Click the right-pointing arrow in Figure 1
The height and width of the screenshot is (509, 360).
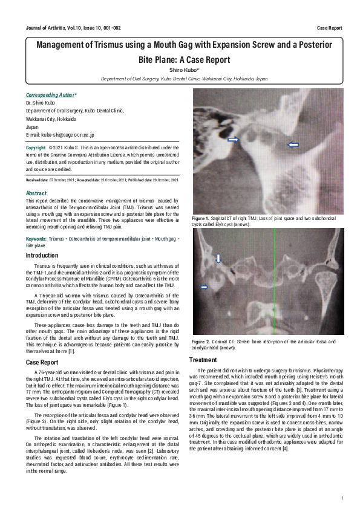tap(232, 140)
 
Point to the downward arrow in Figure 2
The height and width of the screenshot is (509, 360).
tap(218, 258)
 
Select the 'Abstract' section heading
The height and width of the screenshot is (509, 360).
tap(36, 193)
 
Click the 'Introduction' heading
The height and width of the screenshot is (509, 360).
tap(42, 256)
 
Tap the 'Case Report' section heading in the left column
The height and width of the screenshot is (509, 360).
tap(42, 362)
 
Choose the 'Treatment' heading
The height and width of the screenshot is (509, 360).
tap(203, 359)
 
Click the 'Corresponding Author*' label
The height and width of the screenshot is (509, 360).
tap(51, 96)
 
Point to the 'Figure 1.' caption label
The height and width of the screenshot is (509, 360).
tap(200, 218)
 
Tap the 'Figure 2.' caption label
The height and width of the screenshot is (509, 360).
tap(200, 342)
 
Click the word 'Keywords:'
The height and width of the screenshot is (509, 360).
tap(36, 240)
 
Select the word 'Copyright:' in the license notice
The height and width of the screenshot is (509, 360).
tap(36, 148)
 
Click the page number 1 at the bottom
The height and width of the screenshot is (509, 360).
tap(342, 498)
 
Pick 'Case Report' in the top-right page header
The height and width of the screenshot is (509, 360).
tap(329, 28)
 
